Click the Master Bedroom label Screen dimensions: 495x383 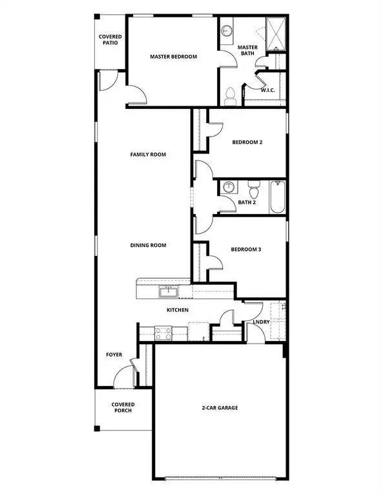coord(173,57)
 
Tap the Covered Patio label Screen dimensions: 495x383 coord(110,41)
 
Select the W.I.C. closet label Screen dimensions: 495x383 coord(268,90)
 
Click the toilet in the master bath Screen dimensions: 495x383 coord(229,97)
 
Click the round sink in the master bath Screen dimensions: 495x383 coord(227,30)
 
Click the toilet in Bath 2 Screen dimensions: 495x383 coord(254,190)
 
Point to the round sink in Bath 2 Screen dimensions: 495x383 coord(228,188)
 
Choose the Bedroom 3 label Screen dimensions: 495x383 coord(246,249)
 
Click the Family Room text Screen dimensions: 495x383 coord(148,155)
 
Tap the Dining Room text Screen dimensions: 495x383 coord(149,245)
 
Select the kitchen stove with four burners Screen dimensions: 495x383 coord(163,333)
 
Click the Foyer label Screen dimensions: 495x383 coord(114,354)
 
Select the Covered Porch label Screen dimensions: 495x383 coord(123,407)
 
